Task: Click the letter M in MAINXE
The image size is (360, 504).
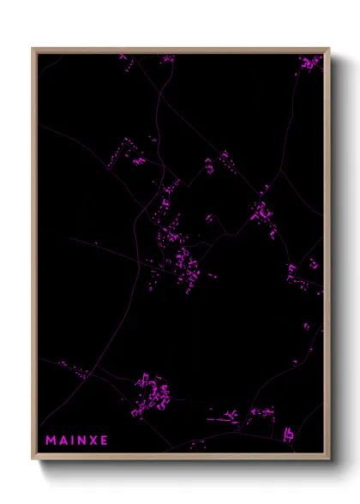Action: (x=51, y=441)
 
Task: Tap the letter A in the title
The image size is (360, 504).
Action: (x=63, y=441)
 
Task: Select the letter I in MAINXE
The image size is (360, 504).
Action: (x=74, y=441)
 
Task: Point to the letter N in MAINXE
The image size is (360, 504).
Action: (x=82, y=441)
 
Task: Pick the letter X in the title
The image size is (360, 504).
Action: (x=94, y=441)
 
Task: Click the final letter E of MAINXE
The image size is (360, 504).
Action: (x=105, y=441)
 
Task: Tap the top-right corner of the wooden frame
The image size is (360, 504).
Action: (x=328, y=49)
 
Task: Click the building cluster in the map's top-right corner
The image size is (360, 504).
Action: (x=309, y=63)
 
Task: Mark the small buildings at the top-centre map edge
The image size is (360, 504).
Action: (x=166, y=58)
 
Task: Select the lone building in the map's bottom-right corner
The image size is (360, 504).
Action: (x=291, y=428)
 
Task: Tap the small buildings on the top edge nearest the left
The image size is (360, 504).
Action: (x=123, y=58)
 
